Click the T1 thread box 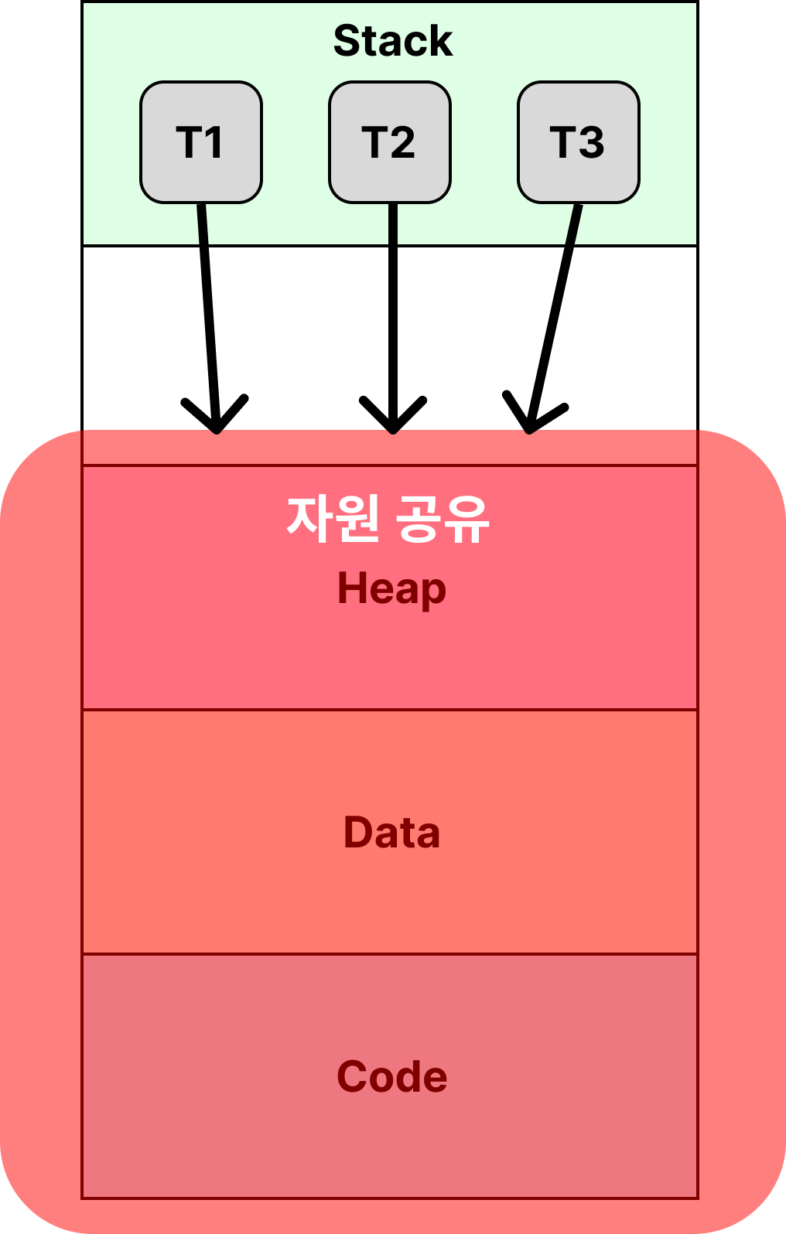pos(201,142)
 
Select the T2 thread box pos(390,142)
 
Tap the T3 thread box pos(579,142)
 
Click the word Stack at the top pos(392,41)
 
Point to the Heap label pos(391,589)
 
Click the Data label pos(391,833)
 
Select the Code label pos(391,1076)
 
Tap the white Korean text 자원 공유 pos(388,519)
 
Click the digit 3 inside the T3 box pos(592,142)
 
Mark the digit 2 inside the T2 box pos(403,142)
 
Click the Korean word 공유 pos(443,519)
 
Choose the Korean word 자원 pos(333,519)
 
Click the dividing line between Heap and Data pos(390,710)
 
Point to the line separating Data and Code pos(390,954)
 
